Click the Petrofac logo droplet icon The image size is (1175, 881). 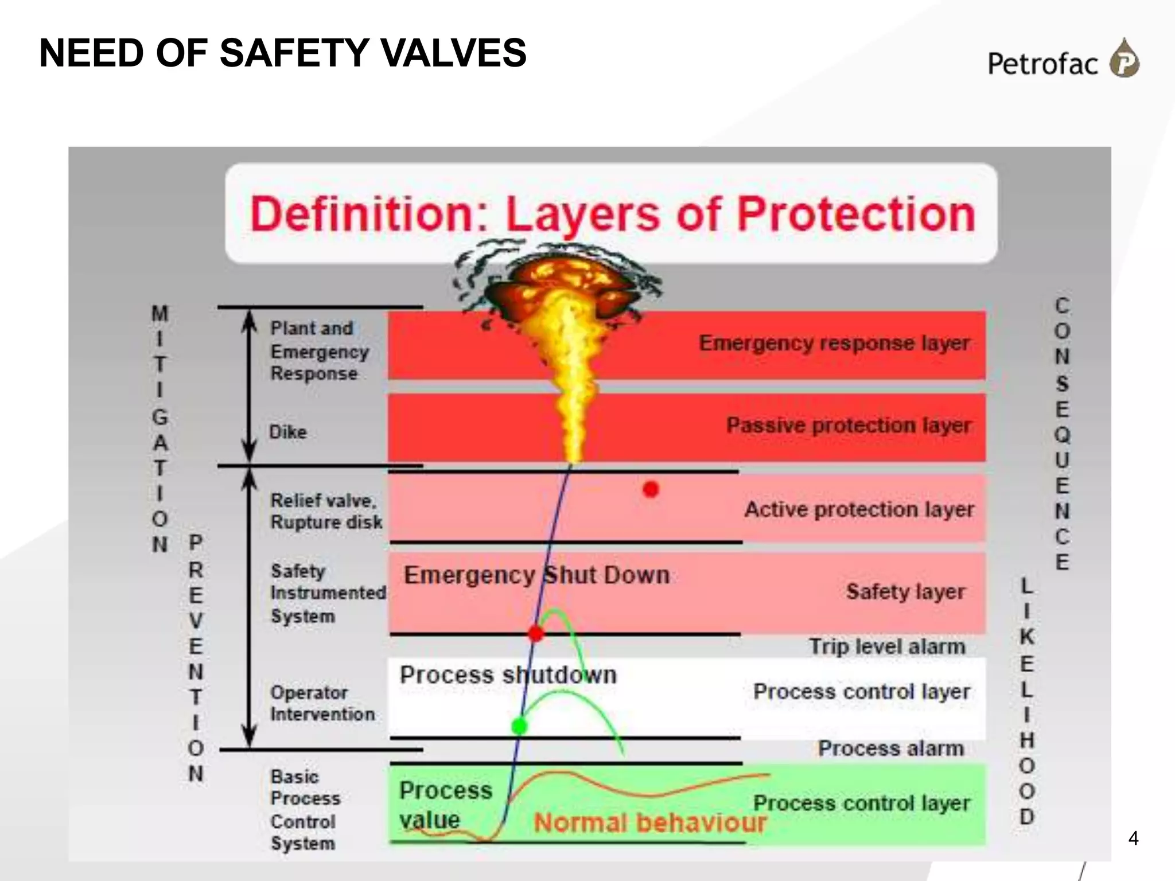point(1125,59)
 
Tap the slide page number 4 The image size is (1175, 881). point(1133,839)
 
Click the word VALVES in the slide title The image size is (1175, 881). point(453,53)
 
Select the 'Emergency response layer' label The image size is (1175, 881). point(834,343)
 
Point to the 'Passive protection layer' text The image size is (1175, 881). point(848,425)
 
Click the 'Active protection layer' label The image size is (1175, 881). point(859,509)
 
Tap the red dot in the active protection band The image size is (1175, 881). point(651,489)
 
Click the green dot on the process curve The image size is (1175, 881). point(519,726)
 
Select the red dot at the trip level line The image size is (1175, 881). point(536,633)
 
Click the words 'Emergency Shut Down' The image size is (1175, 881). point(536,575)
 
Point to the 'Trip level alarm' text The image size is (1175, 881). point(887,646)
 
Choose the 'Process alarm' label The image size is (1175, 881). point(890,748)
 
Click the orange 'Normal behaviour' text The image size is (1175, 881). point(649,822)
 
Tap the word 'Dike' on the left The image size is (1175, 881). point(288,432)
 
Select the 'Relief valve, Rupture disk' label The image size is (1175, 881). point(326,511)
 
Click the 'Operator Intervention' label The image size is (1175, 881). point(322,703)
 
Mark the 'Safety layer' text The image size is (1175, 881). point(905,591)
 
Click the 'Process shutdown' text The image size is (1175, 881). point(508,675)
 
